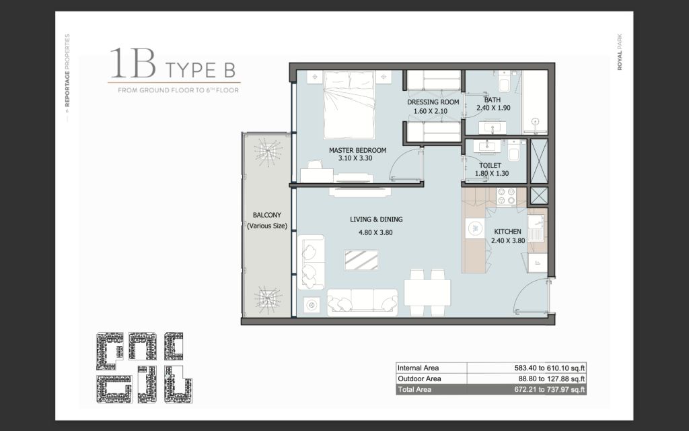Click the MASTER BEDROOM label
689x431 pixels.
[x=358, y=150]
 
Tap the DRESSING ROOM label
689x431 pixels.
[x=433, y=102]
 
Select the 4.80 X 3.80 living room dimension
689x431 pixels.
[x=375, y=232]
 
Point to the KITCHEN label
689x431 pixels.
[x=507, y=232]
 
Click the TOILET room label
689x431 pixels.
[x=490, y=166]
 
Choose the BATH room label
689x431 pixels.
[x=492, y=100]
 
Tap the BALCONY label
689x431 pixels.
[x=266, y=215]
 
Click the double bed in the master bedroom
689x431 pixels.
[x=349, y=105]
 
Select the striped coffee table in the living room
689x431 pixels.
[x=361, y=260]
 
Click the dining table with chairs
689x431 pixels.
[x=427, y=292]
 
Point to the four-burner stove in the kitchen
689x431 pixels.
[x=506, y=196]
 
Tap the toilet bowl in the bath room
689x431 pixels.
[x=503, y=82]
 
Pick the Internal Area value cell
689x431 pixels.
[x=526, y=368]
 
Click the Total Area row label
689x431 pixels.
[x=414, y=390]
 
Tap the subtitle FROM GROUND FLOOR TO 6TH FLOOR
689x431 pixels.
[x=178, y=90]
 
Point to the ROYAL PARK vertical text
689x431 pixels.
[x=620, y=52]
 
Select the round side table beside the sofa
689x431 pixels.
[x=312, y=304]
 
